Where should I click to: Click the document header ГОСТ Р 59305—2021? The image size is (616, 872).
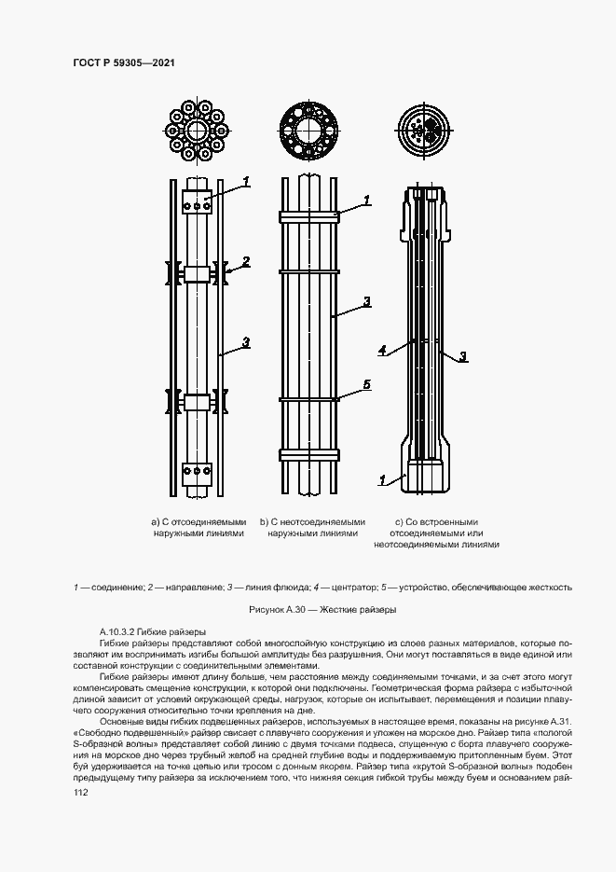point(125,62)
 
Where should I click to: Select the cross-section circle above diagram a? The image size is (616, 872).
point(198,128)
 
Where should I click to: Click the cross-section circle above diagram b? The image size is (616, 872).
point(313,128)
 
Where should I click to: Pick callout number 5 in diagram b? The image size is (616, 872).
point(366,384)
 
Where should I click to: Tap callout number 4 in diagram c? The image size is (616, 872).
point(383,351)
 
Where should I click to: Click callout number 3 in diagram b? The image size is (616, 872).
point(366,301)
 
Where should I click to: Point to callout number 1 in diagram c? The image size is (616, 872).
point(382,480)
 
